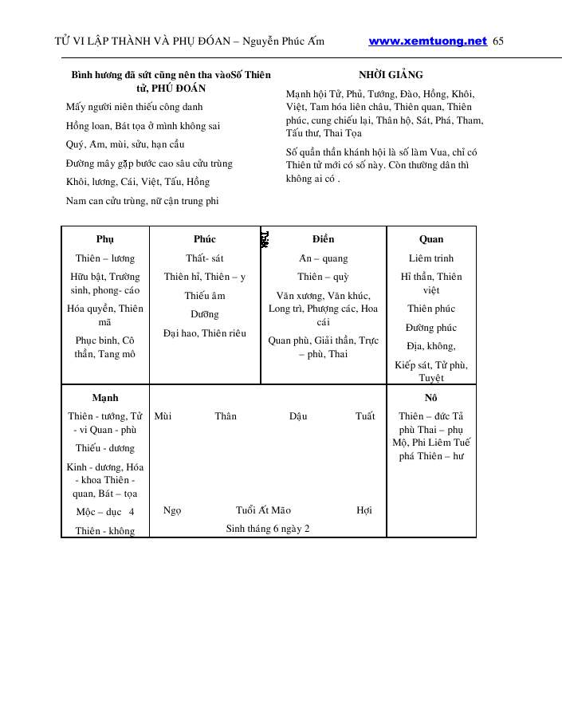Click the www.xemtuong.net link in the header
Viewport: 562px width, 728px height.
click(427, 41)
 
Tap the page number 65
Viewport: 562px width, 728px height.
click(498, 41)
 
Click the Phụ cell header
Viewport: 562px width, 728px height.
click(105, 239)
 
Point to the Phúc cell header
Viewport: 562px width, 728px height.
click(205, 239)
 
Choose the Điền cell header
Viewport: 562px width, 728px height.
click(323, 239)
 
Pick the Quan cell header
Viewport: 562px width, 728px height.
click(431, 239)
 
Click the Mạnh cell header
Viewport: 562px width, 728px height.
click(105, 397)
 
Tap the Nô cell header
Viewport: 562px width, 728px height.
click(431, 397)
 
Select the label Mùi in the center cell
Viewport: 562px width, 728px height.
click(163, 416)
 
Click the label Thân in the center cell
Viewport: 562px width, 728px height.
click(226, 416)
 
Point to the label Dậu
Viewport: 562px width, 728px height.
click(298, 416)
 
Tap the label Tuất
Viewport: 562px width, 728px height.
click(365, 416)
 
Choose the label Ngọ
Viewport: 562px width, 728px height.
click(172, 510)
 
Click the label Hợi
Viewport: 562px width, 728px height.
click(364, 510)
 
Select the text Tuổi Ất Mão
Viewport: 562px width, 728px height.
click(263, 510)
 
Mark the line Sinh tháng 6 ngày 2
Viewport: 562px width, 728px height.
click(268, 529)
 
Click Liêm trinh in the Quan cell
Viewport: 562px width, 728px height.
click(431, 258)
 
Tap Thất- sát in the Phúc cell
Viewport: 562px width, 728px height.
click(205, 258)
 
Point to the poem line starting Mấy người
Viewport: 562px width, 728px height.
click(134, 107)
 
